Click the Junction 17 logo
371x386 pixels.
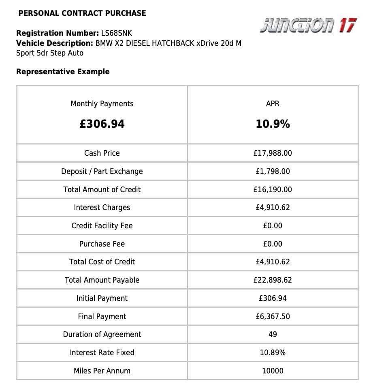(x=308, y=26)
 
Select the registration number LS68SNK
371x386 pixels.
(x=117, y=33)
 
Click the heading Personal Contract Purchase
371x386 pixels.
(x=82, y=13)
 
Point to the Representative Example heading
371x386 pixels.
(x=63, y=72)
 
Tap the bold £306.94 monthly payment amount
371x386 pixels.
(x=102, y=124)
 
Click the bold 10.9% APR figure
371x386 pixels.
(x=273, y=124)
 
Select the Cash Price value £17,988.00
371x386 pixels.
(x=273, y=153)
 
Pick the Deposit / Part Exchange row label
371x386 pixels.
(x=102, y=172)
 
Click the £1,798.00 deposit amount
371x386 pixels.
(x=273, y=172)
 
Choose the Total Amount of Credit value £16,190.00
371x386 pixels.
(x=273, y=190)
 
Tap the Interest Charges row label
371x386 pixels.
(x=102, y=208)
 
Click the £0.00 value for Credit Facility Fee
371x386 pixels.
(x=273, y=226)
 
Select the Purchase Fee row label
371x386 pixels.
(x=102, y=244)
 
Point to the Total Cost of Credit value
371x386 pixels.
(x=273, y=262)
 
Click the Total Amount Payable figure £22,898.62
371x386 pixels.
(x=273, y=280)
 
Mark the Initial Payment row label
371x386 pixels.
(x=102, y=298)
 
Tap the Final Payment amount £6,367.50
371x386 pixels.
(x=273, y=317)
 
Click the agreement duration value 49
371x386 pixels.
(x=273, y=335)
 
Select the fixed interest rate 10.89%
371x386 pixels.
(x=273, y=353)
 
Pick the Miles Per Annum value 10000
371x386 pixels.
(x=273, y=371)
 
